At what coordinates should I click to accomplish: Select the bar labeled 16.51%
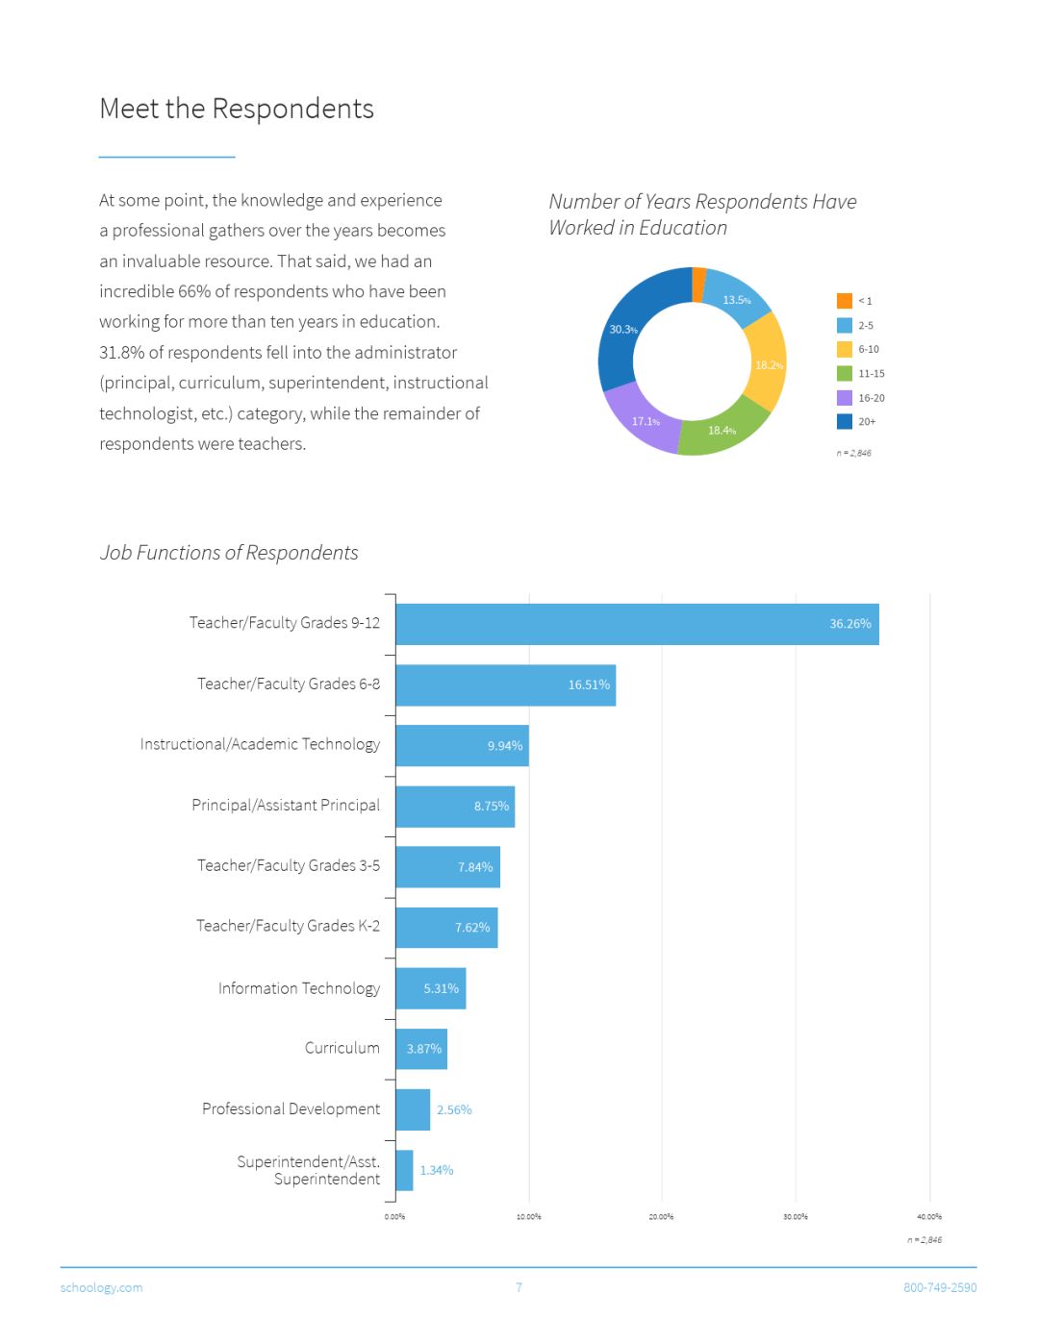(x=505, y=684)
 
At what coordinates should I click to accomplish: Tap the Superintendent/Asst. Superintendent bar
(x=404, y=1170)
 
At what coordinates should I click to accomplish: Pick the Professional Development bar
(x=413, y=1109)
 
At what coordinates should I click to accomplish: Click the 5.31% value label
(x=441, y=988)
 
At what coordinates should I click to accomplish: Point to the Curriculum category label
(x=342, y=1048)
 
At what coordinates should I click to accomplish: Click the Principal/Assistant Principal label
(x=286, y=805)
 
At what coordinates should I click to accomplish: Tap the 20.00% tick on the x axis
(x=661, y=1217)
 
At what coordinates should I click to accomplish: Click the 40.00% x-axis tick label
(x=928, y=1217)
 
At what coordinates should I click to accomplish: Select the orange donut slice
(x=698, y=285)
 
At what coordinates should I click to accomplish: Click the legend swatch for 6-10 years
(x=845, y=349)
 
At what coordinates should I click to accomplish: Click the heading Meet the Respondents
(x=237, y=109)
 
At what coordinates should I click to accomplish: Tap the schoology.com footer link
(x=101, y=1287)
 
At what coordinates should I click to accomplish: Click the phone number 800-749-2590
(x=939, y=1287)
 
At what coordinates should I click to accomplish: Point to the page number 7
(x=519, y=1287)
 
